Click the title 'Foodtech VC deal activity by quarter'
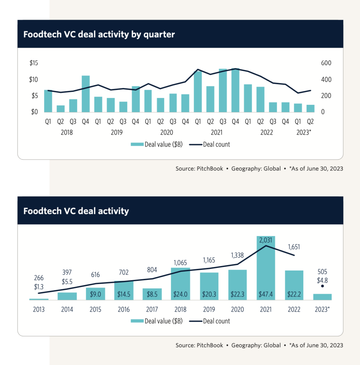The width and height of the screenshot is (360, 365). coord(99,35)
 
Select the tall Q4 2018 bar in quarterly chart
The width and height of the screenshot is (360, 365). coord(86,93)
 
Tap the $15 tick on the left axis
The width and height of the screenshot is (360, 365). coord(34,63)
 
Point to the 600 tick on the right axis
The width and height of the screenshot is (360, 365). coord(317,63)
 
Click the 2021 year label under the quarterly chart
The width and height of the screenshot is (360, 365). coord(216,133)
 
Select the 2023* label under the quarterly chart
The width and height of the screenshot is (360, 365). coord(304,133)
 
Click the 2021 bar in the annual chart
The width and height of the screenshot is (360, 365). coord(266,267)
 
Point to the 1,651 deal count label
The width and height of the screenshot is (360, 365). coord(294,247)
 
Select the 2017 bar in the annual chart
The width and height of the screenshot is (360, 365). coord(152,294)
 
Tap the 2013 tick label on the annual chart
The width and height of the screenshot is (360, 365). coord(39,309)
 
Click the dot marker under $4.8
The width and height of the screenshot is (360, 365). coord(322,286)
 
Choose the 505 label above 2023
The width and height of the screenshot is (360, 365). coord(322,272)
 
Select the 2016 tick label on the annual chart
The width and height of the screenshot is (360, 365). coord(124,309)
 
